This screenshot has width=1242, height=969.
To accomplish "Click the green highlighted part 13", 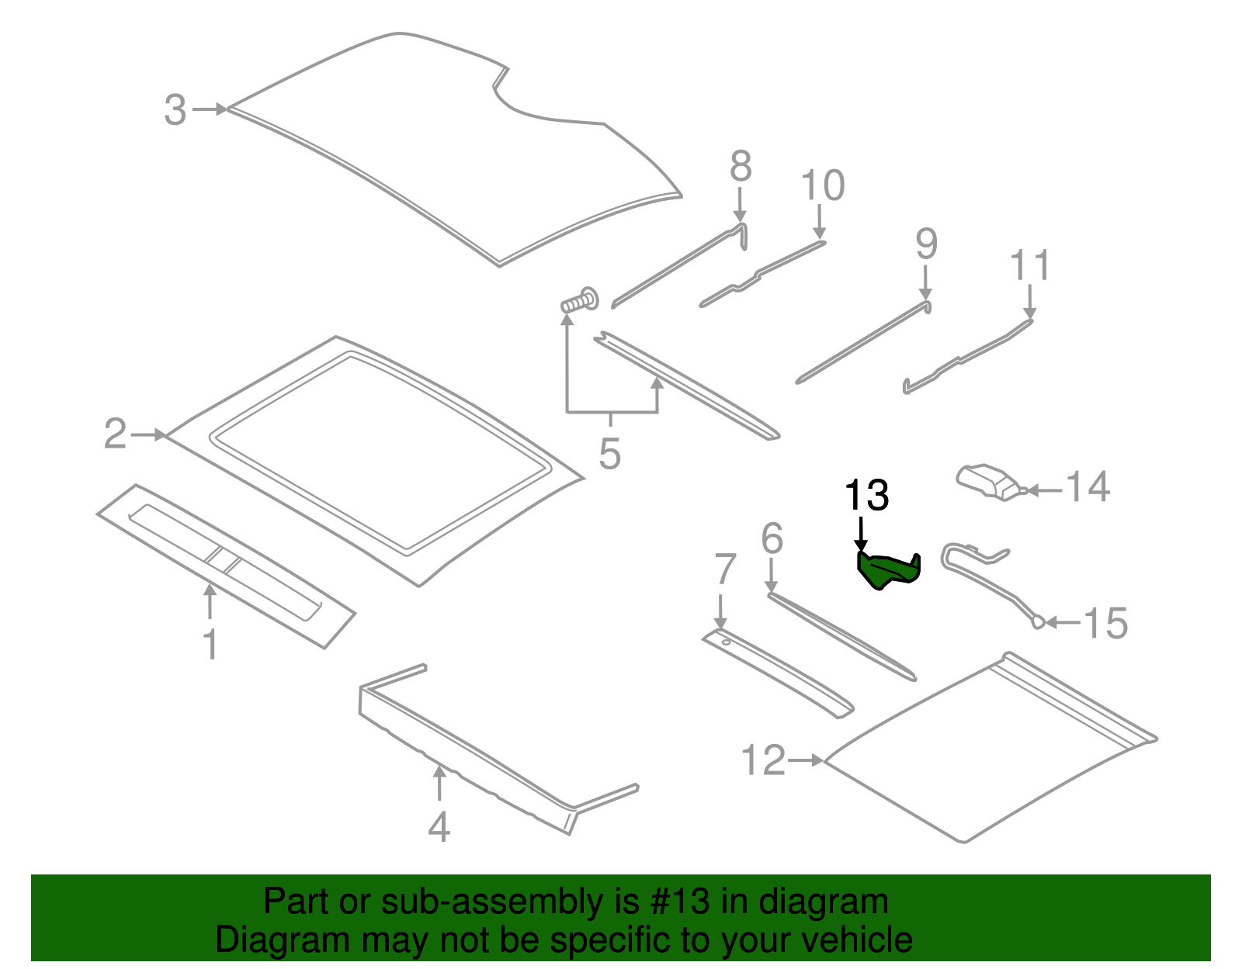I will coord(887,570).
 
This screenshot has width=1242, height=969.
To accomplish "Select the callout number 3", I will coord(175,110).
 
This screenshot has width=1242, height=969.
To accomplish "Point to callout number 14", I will coord(1088,487).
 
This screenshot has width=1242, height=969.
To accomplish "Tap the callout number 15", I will coord(1105,623).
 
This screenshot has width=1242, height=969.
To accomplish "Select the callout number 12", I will coord(764,760).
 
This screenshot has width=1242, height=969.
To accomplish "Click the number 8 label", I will coord(741,166).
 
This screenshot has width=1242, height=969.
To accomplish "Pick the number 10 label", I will coord(822,186).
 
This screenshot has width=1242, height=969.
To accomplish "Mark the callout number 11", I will coord(1030,266).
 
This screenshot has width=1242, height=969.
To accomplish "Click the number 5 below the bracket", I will coord(610,454).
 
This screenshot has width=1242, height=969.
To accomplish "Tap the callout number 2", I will coord(115,434).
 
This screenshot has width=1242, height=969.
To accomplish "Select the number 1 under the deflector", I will coord(210,645).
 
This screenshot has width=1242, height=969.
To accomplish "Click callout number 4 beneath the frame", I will coord(439,827).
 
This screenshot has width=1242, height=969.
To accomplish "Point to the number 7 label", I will coord(724,570).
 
